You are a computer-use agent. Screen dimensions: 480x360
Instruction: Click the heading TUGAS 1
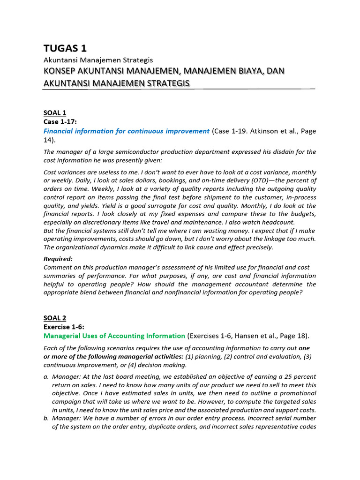(65, 48)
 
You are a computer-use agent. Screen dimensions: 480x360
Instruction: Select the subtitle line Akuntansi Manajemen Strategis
(98, 60)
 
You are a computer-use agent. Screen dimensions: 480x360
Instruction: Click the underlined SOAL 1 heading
(55, 112)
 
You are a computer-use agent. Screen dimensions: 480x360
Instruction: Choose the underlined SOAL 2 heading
(55, 318)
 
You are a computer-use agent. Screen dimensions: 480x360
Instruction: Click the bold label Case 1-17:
(60, 121)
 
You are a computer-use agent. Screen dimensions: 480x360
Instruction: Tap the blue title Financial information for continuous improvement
(126, 131)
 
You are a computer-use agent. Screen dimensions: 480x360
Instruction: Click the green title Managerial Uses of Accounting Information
(114, 336)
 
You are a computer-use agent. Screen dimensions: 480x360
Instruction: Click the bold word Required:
(58, 258)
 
